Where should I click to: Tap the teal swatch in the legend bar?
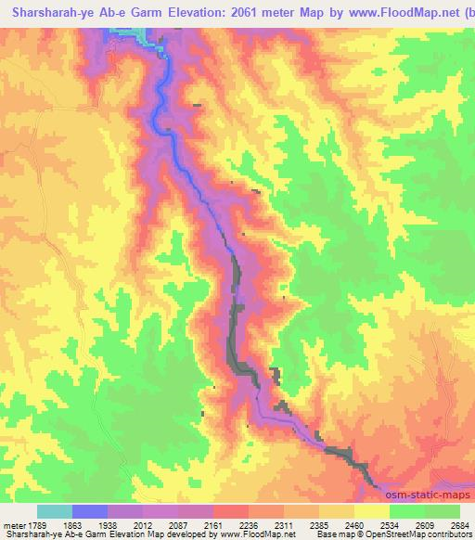click(x=54, y=511)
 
